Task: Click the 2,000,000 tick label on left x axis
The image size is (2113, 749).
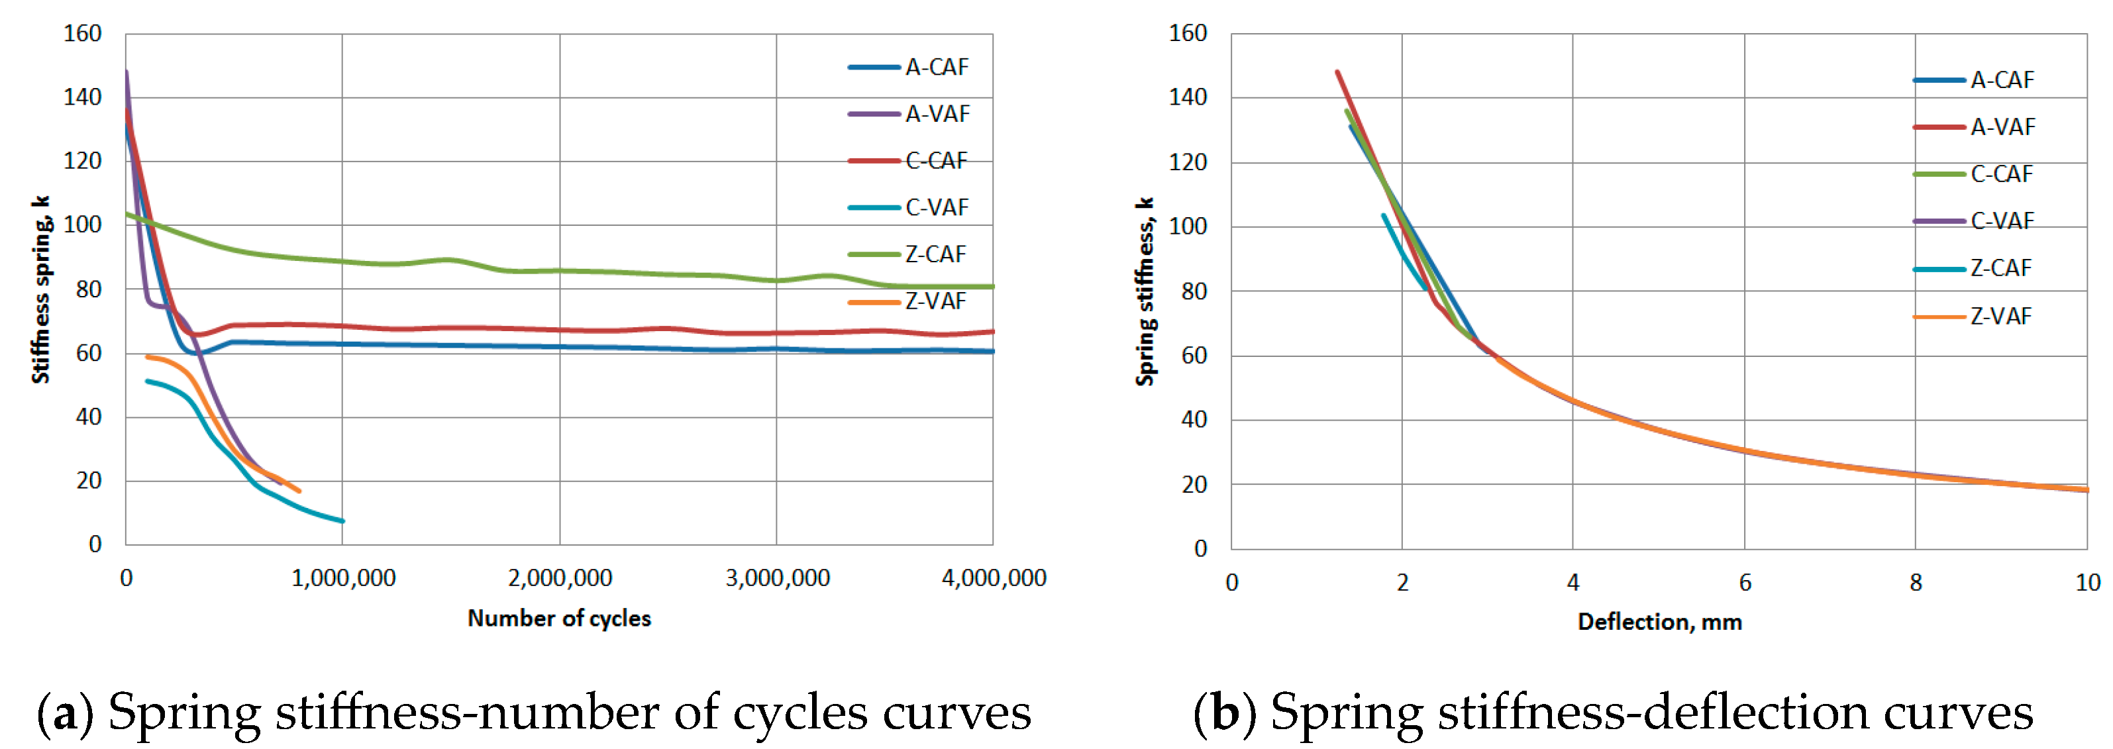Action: click(560, 578)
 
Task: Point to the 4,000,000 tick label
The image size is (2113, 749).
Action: click(994, 578)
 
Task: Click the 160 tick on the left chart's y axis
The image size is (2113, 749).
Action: click(82, 34)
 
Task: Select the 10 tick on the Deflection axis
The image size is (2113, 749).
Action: click(2087, 583)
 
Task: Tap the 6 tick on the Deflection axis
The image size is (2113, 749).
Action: click(1745, 583)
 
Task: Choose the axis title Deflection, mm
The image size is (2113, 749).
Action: click(1659, 622)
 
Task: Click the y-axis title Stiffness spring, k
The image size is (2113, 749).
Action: click(40, 289)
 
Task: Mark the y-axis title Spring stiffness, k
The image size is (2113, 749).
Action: click(1145, 291)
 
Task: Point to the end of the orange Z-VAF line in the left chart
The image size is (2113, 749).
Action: click(299, 491)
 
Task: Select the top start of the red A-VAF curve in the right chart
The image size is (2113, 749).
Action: click(1338, 72)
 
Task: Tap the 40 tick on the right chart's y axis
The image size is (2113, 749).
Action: click(1194, 420)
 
